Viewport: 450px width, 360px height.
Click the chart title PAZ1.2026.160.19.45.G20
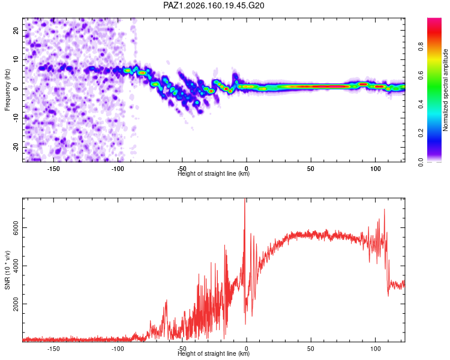tap(214, 5)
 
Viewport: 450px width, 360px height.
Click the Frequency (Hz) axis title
tap(7, 90)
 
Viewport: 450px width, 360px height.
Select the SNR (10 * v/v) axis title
tap(7, 270)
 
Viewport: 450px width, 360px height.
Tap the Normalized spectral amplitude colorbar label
tap(445, 90)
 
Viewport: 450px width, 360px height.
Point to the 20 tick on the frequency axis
tap(16, 31)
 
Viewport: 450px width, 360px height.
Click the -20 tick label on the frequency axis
tap(16, 147)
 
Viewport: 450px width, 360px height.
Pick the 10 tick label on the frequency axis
tap(16, 59)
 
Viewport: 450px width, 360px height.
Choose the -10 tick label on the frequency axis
tap(16, 118)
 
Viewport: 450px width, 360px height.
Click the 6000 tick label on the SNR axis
tap(16, 227)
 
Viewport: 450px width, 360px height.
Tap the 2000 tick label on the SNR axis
tap(16, 304)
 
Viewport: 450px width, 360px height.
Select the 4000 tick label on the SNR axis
tap(16, 266)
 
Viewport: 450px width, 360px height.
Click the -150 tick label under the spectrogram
tap(53, 169)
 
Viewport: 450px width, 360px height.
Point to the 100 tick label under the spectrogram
tap(375, 169)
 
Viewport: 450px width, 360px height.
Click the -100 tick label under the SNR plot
tap(118, 349)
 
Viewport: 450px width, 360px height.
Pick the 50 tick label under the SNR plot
tap(311, 349)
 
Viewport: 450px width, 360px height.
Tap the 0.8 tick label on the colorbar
tap(421, 46)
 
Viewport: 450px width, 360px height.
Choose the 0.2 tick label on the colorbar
tap(421, 133)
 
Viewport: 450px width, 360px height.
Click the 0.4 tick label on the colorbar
tap(421, 104)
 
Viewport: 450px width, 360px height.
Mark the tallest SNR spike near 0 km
tap(245, 199)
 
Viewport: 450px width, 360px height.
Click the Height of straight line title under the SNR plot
tap(214, 353)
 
